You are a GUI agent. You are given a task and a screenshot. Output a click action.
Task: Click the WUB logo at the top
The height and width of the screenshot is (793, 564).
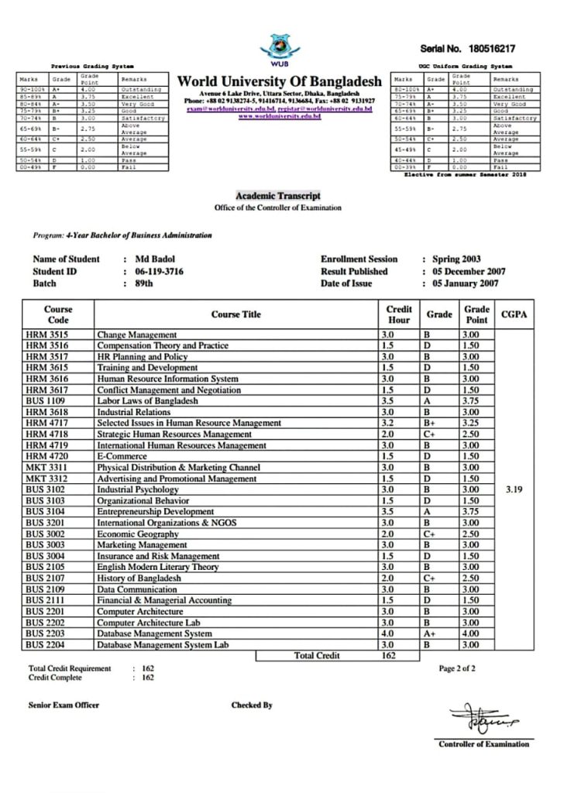(281, 48)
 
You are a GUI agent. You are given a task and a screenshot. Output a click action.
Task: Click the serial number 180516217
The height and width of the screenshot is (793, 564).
(492, 49)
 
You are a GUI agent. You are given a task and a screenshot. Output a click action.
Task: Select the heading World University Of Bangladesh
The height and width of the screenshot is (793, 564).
(280, 81)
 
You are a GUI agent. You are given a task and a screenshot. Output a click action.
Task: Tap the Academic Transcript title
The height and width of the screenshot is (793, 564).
(277, 196)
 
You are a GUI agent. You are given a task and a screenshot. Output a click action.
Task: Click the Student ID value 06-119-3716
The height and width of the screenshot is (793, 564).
(160, 272)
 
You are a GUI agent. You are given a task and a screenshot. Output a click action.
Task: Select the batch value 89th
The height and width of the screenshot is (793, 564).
(144, 284)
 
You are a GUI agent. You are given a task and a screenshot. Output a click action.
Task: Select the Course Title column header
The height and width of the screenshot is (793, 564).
(236, 314)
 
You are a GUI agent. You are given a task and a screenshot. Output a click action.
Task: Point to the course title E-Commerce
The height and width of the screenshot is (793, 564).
(122, 457)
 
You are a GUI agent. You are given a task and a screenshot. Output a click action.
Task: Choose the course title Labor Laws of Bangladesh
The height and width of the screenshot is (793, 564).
(147, 401)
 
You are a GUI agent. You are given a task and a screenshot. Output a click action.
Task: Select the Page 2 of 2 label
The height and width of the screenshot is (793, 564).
(457, 668)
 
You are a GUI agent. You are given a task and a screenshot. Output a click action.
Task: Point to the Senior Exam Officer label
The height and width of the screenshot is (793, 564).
(64, 705)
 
